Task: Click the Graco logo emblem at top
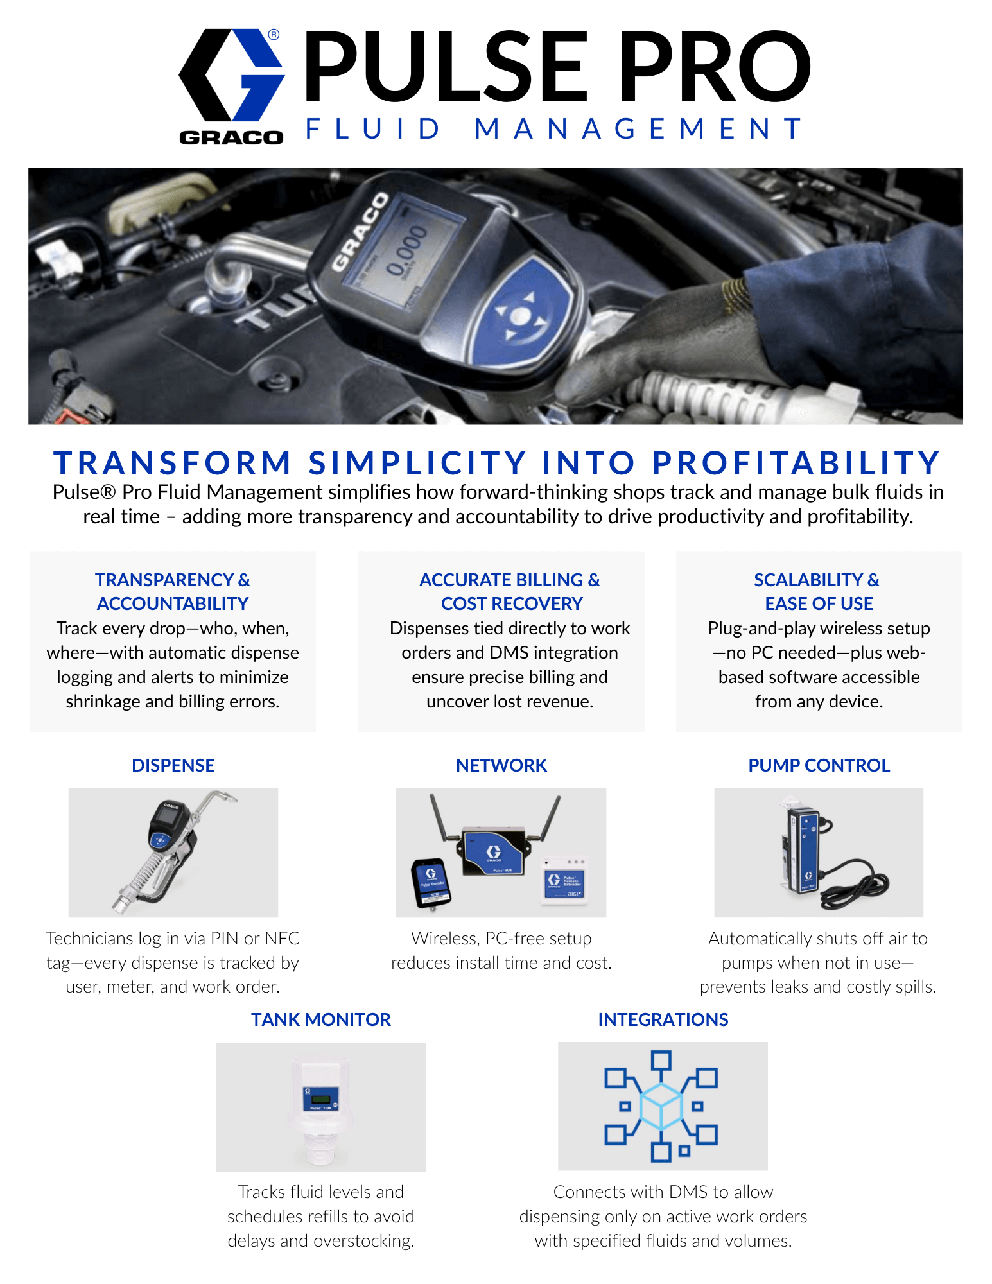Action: click(x=232, y=75)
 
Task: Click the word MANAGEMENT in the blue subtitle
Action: click(x=638, y=128)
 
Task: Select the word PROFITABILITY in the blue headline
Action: click(x=797, y=462)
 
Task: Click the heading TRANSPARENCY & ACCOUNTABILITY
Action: click(x=173, y=591)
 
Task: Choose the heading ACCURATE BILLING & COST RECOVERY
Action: click(x=510, y=591)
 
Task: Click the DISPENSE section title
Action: click(x=173, y=765)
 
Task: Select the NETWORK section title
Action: click(x=501, y=765)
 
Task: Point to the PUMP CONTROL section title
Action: click(x=819, y=765)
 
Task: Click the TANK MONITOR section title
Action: click(x=321, y=1019)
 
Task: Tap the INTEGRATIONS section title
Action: click(x=663, y=1019)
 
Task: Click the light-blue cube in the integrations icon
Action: click(x=661, y=1106)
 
